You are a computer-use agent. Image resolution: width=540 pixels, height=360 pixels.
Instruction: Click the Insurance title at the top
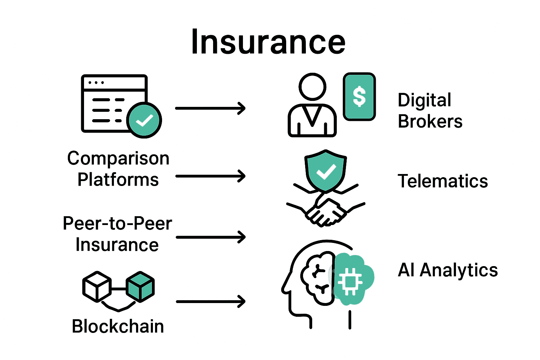268,42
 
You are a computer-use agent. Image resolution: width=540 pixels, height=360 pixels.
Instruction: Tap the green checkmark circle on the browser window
144,120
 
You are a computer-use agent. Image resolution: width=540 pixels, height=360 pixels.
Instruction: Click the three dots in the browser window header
96,83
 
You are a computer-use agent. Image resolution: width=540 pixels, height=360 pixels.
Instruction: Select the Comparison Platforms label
118,169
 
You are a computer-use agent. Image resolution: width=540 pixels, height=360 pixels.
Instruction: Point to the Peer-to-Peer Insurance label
117,234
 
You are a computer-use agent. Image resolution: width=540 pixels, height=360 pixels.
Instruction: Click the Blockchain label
118,326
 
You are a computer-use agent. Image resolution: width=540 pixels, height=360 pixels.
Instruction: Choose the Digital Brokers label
430,111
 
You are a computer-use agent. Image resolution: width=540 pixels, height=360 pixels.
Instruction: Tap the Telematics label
443,181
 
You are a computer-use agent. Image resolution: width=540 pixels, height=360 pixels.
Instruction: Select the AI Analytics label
448,270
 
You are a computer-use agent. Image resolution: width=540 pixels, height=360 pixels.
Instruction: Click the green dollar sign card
359,97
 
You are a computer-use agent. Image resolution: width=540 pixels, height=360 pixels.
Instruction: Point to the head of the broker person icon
312,86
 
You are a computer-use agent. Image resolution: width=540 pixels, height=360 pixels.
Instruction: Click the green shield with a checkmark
326,171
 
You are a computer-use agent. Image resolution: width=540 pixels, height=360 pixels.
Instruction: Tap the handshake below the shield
326,211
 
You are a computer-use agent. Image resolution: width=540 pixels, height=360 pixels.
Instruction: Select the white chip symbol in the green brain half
349,281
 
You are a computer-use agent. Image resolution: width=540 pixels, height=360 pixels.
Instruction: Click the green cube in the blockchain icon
140,287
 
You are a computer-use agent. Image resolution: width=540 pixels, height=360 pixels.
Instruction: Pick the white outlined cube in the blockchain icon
97,287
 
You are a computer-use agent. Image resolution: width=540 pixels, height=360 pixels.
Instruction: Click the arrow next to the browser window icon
210,108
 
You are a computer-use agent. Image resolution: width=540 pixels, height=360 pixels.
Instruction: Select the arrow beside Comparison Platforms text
210,176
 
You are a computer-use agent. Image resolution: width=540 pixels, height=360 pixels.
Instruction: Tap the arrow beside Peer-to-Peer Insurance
210,237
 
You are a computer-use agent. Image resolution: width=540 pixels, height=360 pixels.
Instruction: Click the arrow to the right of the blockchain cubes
210,302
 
